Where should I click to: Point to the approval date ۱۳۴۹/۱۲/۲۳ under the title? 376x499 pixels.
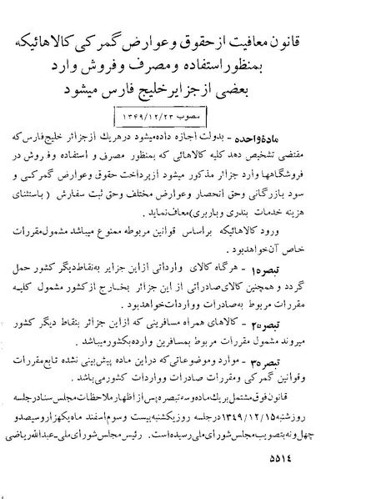click(188, 113)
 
